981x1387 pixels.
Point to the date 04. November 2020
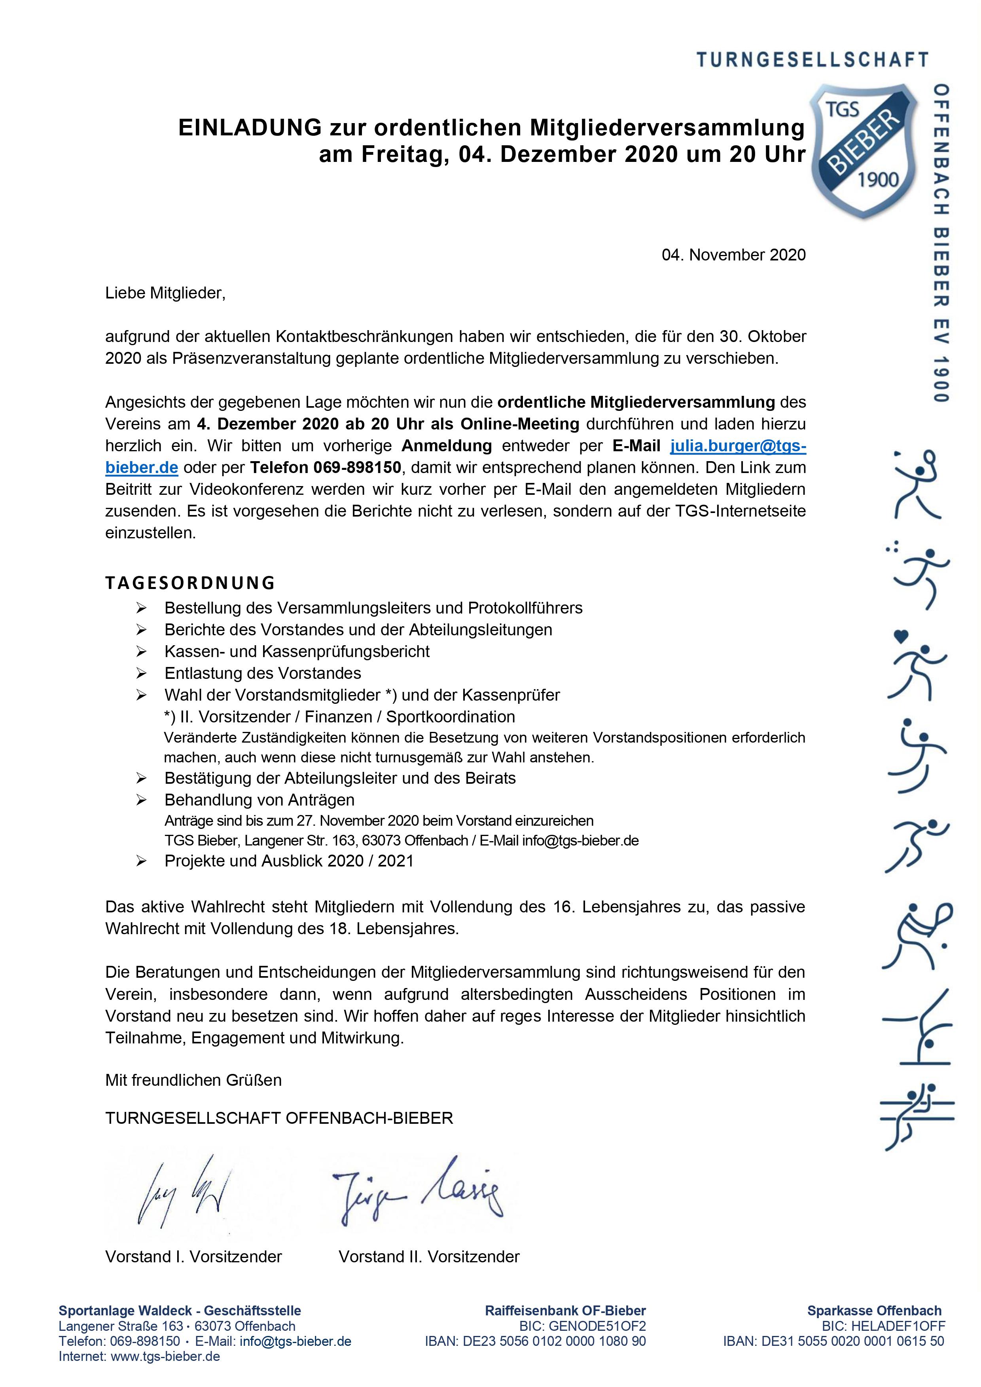(x=733, y=255)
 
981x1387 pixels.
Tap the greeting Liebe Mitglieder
(x=165, y=294)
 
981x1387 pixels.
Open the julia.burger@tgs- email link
(x=738, y=446)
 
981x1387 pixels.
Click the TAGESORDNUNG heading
(x=190, y=583)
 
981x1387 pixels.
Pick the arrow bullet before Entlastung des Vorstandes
(x=142, y=673)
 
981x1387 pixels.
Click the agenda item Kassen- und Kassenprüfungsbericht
(x=297, y=652)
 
